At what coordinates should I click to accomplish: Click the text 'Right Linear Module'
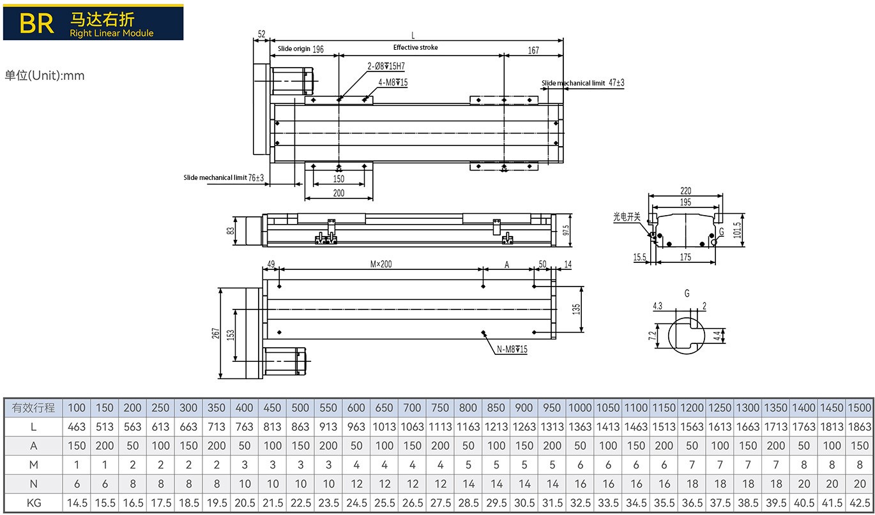tap(112, 33)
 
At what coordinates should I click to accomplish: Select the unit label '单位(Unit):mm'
tap(45, 76)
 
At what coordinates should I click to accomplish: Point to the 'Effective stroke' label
tap(415, 48)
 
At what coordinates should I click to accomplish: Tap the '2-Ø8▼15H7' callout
tap(386, 66)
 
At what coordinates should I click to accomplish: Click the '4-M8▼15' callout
tap(393, 82)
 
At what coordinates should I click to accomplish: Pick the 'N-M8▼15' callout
tap(512, 349)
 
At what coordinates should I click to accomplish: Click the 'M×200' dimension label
tap(381, 264)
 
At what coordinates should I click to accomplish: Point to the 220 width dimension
tap(685, 191)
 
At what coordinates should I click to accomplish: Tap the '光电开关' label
tap(627, 217)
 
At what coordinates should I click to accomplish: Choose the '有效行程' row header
tap(34, 408)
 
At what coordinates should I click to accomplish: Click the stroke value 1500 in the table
tap(860, 408)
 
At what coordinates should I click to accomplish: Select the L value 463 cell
tap(77, 426)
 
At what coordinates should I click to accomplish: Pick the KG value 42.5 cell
tap(860, 503)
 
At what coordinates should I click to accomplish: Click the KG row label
tap(34, 503)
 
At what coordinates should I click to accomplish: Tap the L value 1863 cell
tap(860, 426)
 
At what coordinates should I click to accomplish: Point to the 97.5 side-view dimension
tap(566, 230)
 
